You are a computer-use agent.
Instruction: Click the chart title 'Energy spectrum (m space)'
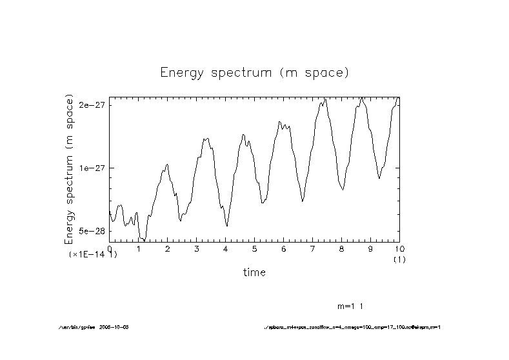(254, 72)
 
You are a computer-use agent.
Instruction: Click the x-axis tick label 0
(110, 248)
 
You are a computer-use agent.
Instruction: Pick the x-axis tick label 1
(139, 248)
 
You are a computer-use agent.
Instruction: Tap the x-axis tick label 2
(168, 248)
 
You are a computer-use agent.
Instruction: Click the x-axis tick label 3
(197, 248)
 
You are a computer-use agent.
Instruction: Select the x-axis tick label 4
(226, 248)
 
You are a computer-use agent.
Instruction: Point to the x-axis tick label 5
(255, 248)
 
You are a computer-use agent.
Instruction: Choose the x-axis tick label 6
(284, 248)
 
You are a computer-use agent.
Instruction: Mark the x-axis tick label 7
(313, 248)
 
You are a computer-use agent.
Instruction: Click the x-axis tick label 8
(342, 248)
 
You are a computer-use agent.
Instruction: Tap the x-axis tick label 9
(371, 248)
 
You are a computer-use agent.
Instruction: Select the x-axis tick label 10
(399, 248)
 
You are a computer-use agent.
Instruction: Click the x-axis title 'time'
(254, 272)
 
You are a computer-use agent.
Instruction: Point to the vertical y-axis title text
(69, 169)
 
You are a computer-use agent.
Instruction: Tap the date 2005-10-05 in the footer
(115, 327)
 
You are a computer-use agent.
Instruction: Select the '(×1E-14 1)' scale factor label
(93, 255)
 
